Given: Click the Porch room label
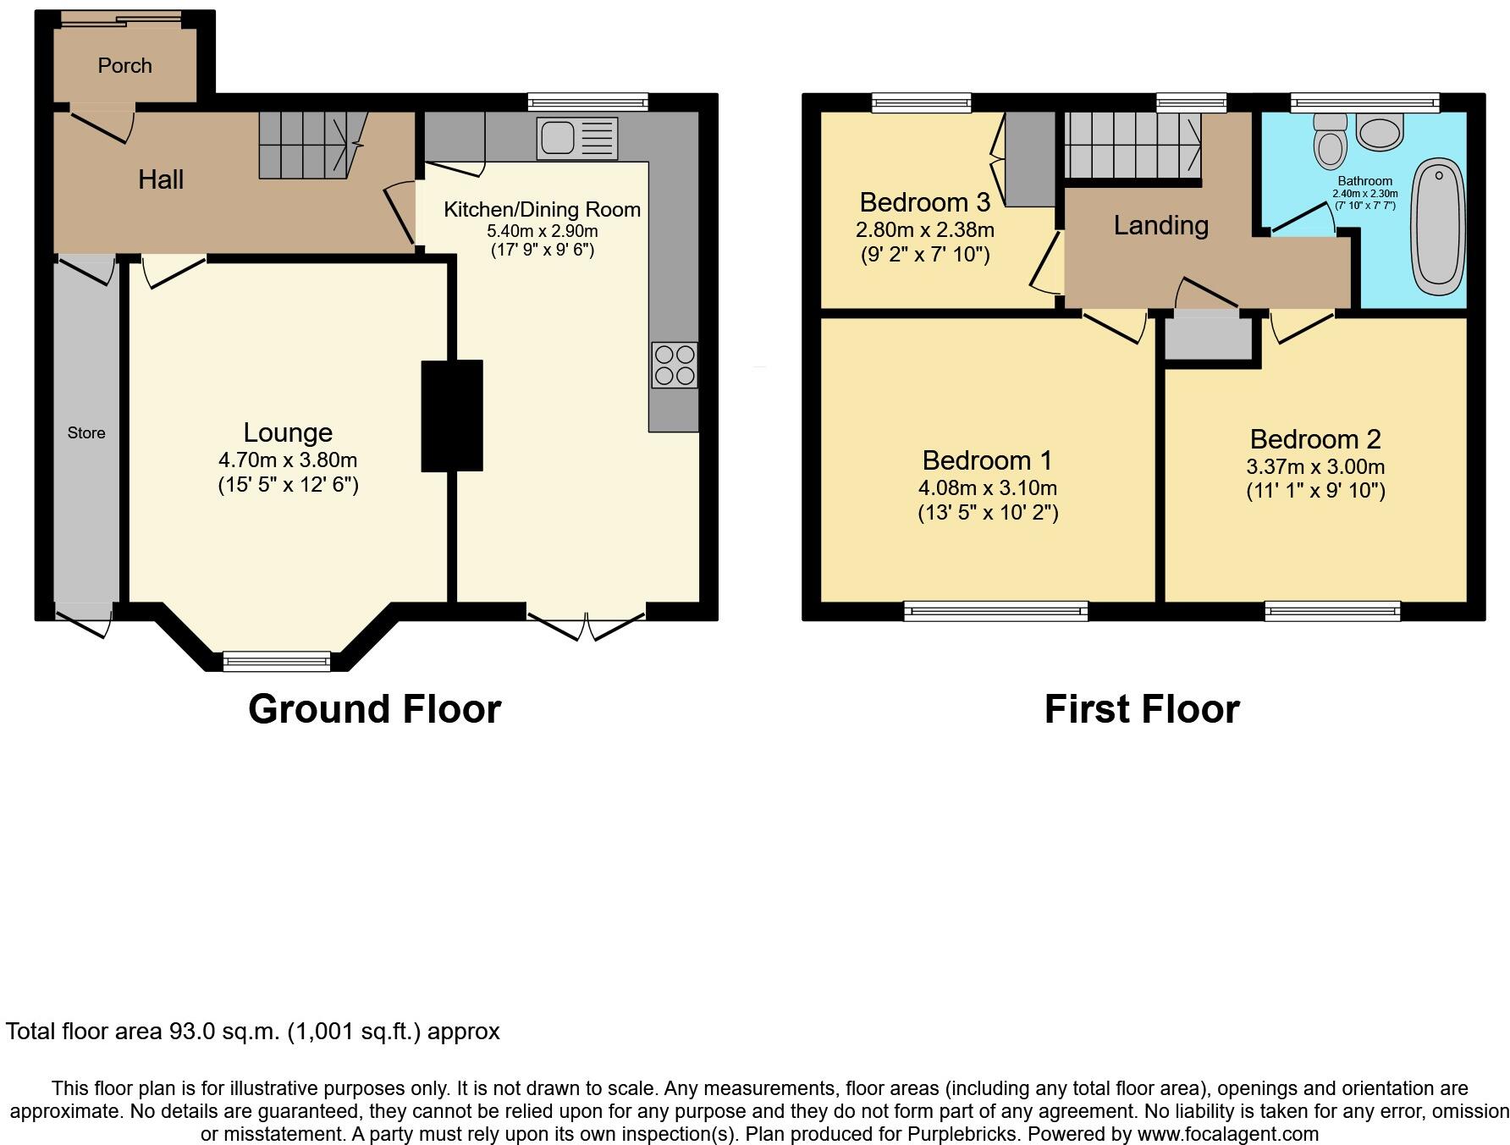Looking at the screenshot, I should (x=124, y=65).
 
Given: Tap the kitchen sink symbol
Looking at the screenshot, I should (x=576, y=139).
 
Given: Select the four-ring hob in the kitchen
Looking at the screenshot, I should (x=675, y=365).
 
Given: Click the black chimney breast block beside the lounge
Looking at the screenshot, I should (x=452, y=416).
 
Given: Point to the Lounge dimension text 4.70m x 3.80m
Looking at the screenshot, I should (x=288, y=460).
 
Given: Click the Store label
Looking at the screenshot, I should (x=86, y=433).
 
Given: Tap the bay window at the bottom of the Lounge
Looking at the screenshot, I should (x=276, y=661).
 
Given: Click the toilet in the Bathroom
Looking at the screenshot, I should (x=1331, y=143).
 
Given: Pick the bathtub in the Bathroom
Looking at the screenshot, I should (x=1439, y=225).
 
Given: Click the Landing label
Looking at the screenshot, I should (x=1160, y=225).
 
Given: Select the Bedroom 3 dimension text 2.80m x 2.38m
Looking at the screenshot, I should (x=925, y=230).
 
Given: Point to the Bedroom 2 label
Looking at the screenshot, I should (x=1315, y=439).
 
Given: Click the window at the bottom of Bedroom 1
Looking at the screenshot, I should (x=995, y=611).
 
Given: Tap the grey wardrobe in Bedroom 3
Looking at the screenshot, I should (x=1029, y=159).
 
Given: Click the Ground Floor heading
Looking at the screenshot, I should (x=374, y=709).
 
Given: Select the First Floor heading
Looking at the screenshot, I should (x=1141, y=709).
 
